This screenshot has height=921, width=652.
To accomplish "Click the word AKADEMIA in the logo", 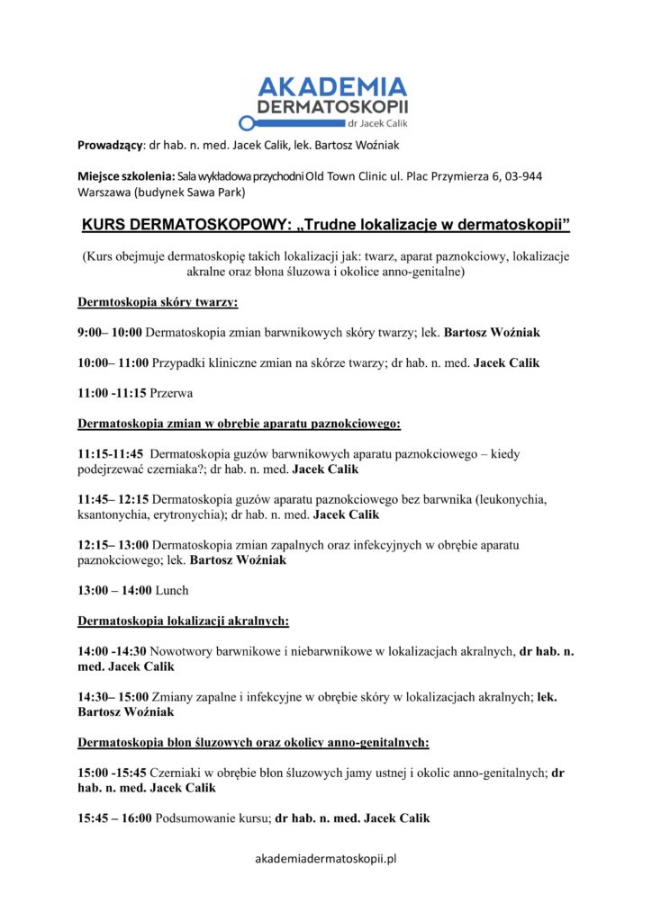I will [x=332, y=87].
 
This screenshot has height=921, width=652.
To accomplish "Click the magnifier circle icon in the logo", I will [x=245, y=123].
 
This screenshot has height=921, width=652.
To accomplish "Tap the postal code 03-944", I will [x=522, y=175].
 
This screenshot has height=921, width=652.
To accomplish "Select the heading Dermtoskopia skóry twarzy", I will [x=158, y=303].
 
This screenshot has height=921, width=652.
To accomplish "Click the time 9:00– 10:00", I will [x=110, y=333].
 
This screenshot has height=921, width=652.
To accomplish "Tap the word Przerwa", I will [x=172, y=393].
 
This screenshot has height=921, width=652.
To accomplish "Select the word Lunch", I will [x=172, y=591].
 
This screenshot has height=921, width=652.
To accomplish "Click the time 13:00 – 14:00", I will [x=113, y=591].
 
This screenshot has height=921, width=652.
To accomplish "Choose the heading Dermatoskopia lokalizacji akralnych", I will [x=183, y=621].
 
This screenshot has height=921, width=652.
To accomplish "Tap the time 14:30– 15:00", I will [x=112, y=697].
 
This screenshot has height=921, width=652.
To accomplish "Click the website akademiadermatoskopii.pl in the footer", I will [x=326, y=859].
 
